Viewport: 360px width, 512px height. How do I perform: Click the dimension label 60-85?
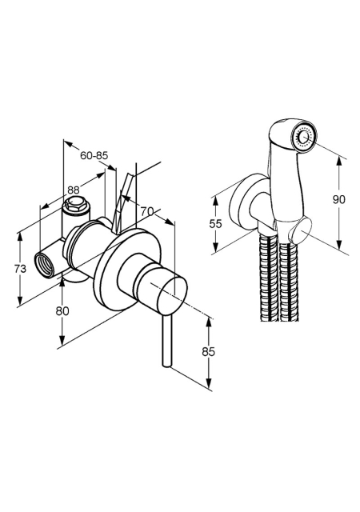coord(94,155)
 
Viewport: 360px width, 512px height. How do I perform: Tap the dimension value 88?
coord(74,190)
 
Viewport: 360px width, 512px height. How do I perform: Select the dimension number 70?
coord(147,211)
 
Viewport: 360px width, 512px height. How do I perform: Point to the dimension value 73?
coord(20,269)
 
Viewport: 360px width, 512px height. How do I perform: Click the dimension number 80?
coord(62,311)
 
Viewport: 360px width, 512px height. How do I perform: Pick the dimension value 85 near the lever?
coord(209,352)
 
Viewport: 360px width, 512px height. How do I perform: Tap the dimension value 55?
coord(216,224)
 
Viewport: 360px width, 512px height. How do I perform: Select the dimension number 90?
coord(338,199)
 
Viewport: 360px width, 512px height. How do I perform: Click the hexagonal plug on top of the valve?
coord(77,204)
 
